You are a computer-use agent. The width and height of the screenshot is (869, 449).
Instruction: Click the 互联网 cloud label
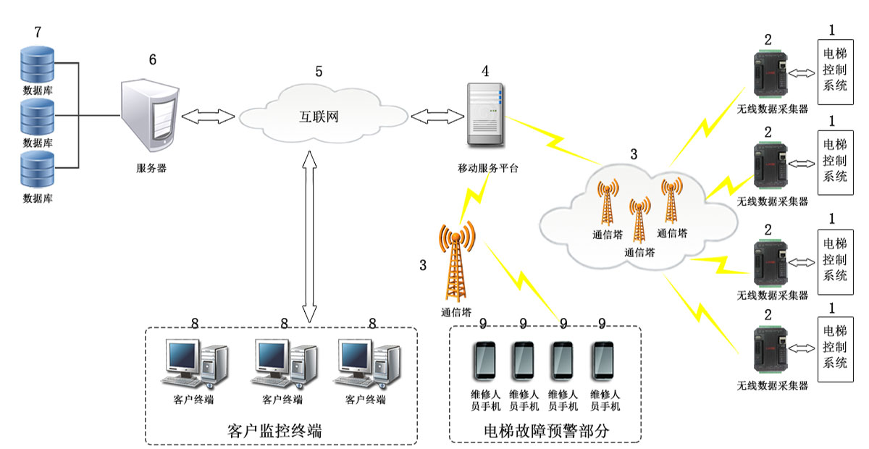pyautogui.click(x=319, y=115)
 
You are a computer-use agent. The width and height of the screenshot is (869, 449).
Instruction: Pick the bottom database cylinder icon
pyautogui.click(x=38, y=171)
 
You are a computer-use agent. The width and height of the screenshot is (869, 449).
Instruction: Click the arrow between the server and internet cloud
pyautogui.click(x=209, y=115)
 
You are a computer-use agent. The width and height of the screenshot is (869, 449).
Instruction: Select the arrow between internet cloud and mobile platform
pyautogui.click(x=437, y=115)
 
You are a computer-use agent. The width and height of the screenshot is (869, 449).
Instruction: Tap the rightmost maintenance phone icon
pyautogui.click(x=604, y=361)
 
